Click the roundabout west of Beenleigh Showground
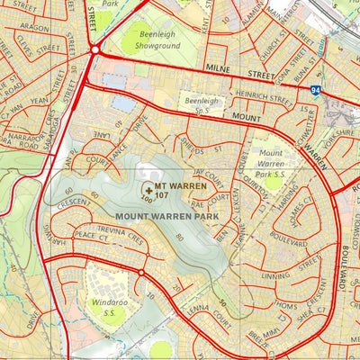tap(94, 50)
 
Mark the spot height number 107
tap(163, 194)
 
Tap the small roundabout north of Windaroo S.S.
tap(141, 273)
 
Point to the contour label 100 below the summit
tap(146, 200)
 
